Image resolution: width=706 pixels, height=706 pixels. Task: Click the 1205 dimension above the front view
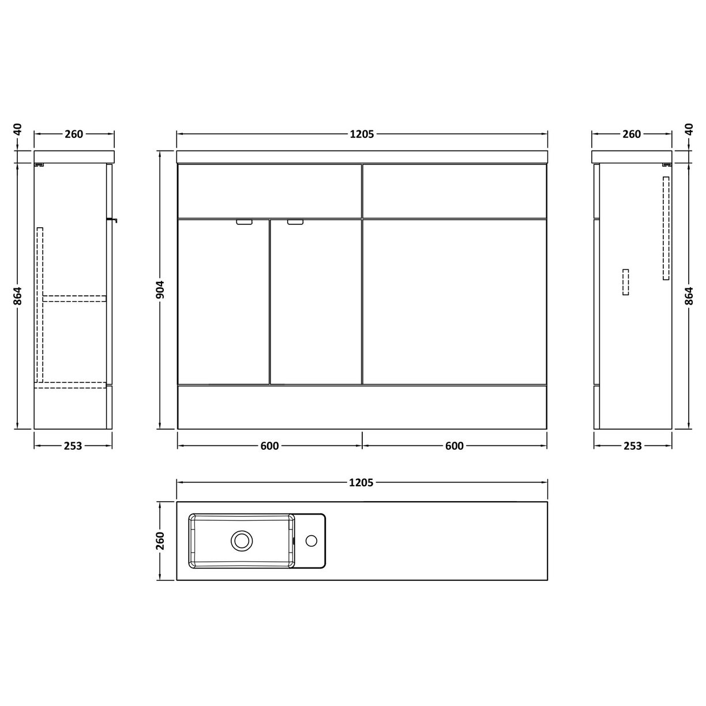tap(362, 134)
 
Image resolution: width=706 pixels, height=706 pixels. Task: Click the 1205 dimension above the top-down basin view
tap(362, 482)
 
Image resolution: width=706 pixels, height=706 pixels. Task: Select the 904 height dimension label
tap(162, 290)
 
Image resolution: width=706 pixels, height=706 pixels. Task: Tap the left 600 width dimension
tap(269, 446)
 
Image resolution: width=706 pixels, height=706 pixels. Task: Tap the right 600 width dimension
tap(455, 446)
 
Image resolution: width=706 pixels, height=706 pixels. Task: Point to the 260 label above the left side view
tap(74, 134)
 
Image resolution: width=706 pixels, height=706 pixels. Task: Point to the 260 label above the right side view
tap(632, 134)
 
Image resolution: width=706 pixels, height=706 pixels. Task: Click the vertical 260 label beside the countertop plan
tap(162, 541)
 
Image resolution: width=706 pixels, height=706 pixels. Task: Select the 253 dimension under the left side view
tap(73, 446)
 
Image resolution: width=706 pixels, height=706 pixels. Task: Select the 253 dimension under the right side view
tap(633, 446)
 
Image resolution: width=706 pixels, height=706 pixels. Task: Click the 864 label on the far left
tap(18, 296)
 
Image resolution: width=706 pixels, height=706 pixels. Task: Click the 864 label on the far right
tap(688, 296)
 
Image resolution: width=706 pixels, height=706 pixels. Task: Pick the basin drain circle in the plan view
tap(242, 541)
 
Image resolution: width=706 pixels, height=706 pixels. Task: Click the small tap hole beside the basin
tap(311, 541)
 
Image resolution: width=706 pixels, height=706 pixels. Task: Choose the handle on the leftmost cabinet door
tap(245, 222)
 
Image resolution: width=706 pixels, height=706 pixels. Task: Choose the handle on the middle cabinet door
tap(295, 222)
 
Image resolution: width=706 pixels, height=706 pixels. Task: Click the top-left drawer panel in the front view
tap(269, 190)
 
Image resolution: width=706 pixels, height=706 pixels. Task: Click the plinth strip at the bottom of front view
tap(362, 407)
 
